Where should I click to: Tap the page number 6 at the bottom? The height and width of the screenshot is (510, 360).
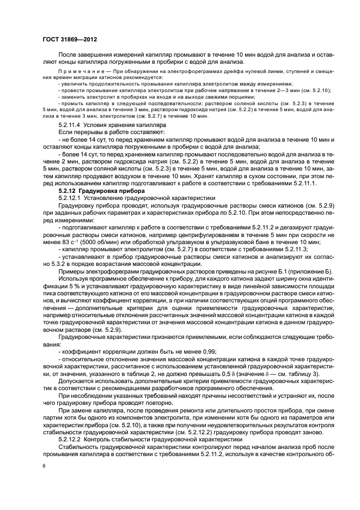pos(44,465)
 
